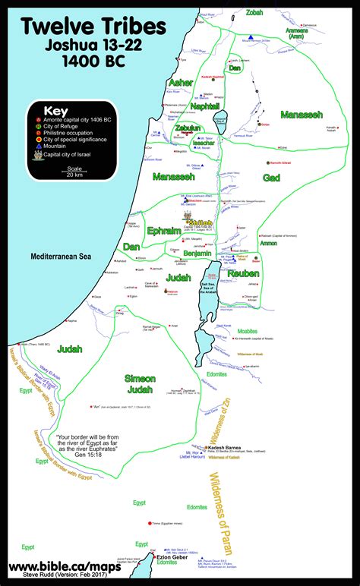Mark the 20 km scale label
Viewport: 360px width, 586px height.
53,175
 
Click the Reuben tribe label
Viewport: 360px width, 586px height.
242,273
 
